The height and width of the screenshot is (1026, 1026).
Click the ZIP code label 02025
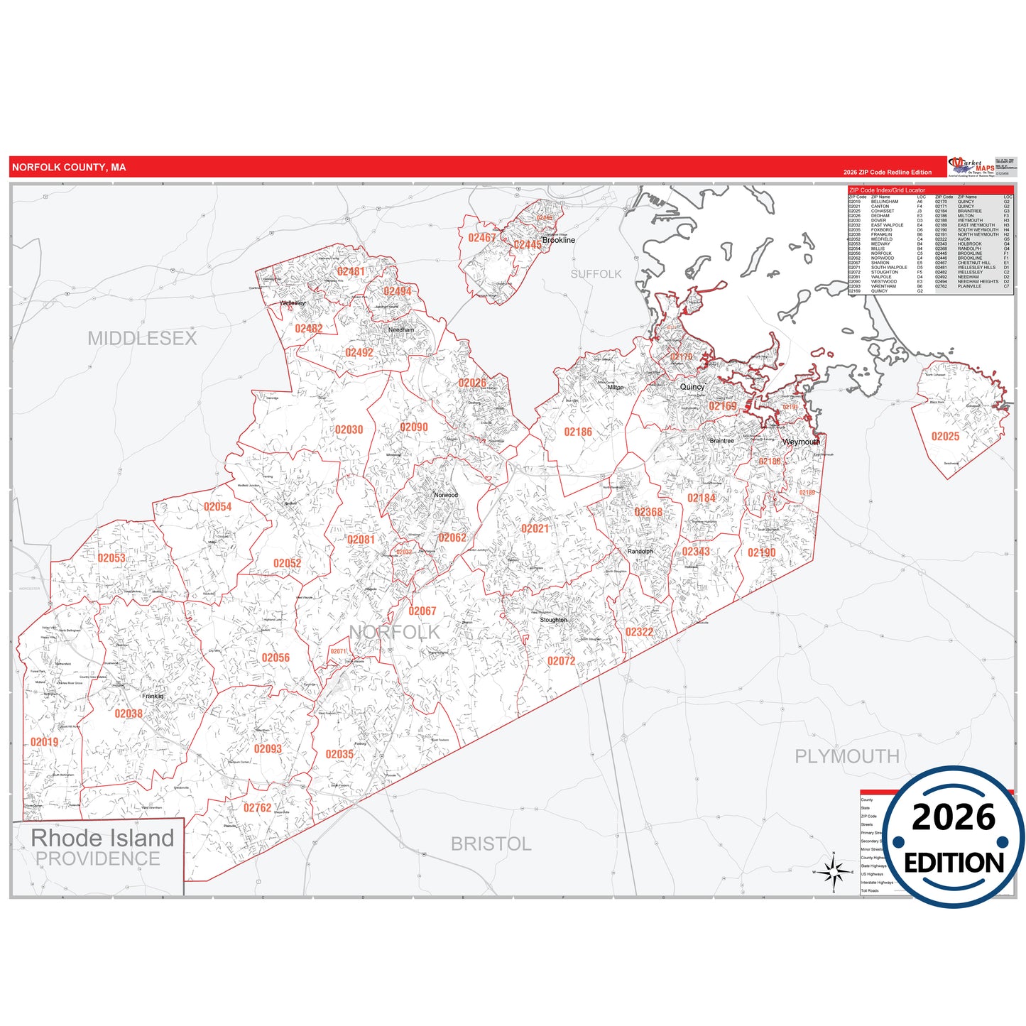945,437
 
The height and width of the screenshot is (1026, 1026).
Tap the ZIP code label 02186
578,432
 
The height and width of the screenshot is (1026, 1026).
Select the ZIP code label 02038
129,714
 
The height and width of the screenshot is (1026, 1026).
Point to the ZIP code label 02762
257,808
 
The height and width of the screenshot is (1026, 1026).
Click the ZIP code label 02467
481,238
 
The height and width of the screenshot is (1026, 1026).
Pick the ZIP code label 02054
217,507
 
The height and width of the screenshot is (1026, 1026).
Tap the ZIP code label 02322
639,632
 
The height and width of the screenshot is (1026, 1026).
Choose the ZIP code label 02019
44,742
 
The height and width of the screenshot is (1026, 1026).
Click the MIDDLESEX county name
142,339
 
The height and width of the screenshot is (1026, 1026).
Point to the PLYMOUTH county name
846,757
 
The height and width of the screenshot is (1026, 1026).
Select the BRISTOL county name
491,844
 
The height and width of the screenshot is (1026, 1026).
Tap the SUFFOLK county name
596,274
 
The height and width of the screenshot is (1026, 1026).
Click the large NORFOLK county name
394,632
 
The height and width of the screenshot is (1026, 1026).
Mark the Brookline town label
558,240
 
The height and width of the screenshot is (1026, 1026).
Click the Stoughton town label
553,620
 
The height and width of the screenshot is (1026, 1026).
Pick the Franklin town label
153,697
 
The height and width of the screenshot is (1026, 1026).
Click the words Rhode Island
102,838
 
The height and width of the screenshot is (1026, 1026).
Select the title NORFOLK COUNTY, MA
69,168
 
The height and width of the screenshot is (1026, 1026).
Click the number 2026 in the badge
953,818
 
